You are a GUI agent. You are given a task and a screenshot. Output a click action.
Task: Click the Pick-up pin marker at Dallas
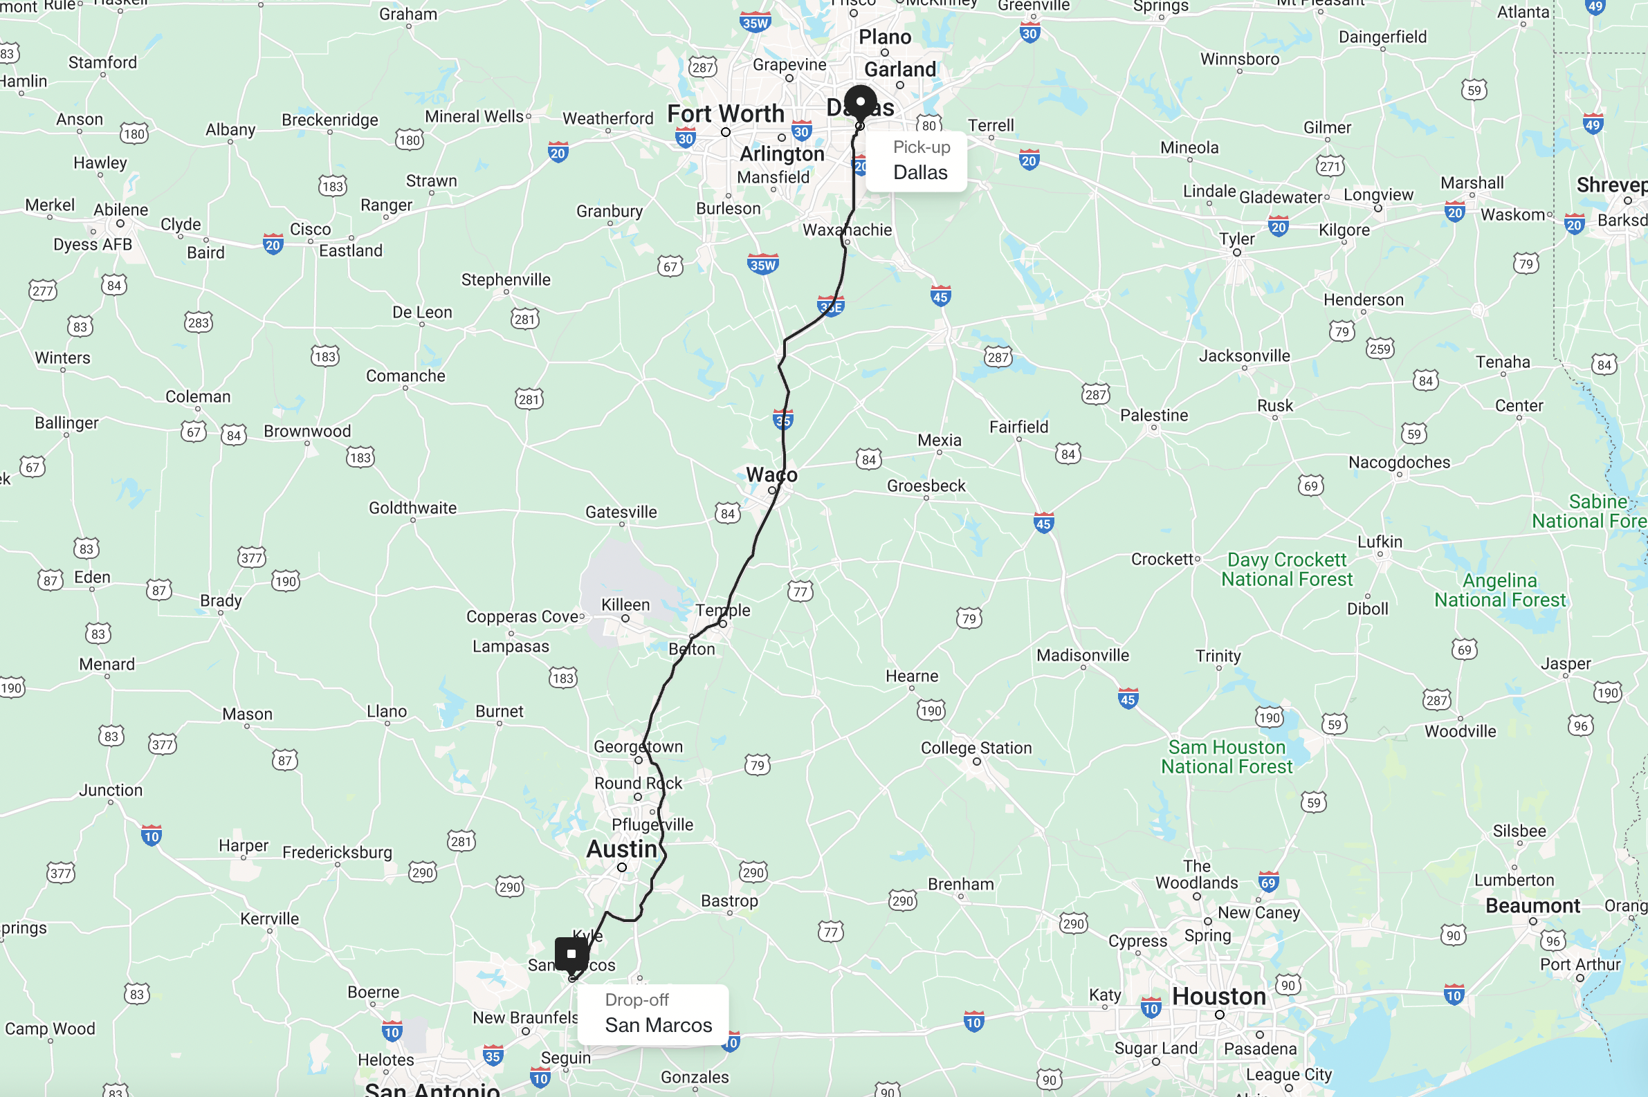point(860,102)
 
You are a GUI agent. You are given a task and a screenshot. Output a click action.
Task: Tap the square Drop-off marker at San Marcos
point(571,954)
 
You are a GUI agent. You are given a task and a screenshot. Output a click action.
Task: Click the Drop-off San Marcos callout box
point(654,1014)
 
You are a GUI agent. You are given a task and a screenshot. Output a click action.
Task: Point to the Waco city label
point(771,475)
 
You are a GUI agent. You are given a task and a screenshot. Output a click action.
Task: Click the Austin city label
point(621,849)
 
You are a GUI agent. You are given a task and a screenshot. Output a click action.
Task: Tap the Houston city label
point(1218,996)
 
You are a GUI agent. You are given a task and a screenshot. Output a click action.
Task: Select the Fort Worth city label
point(725,113)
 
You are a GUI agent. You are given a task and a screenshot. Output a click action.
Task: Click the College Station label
point(976,748)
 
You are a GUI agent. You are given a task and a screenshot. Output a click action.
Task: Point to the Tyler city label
point(1236,239)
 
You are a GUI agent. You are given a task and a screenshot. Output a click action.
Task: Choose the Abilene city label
point(121,210)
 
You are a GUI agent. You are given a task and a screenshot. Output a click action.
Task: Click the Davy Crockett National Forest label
point(1286,569)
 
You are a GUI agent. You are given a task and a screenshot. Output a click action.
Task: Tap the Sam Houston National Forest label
point(1226,757)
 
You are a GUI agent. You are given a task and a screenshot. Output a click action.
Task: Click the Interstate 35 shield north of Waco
point(782,420)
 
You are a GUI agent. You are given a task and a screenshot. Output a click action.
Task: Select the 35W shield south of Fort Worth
point(762,264)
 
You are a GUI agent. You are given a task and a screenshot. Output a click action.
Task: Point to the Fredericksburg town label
point(337,852)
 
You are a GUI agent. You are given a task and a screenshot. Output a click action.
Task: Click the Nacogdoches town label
point(1399,463)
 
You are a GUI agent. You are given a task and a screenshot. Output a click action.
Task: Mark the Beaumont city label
point(1532,906)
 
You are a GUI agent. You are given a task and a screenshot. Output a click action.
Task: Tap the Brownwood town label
point(307,431)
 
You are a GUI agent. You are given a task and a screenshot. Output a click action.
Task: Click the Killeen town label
point(625,605)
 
